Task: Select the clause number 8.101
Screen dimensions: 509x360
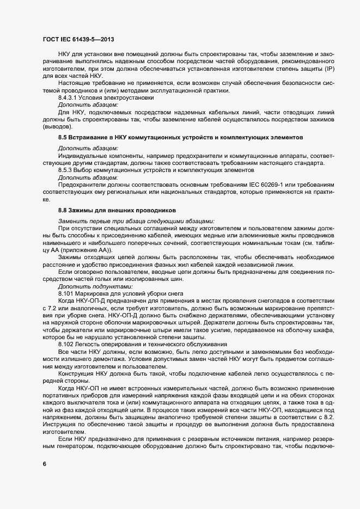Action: coord(66,293)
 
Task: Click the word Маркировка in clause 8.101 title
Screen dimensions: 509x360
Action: coord(95,293)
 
